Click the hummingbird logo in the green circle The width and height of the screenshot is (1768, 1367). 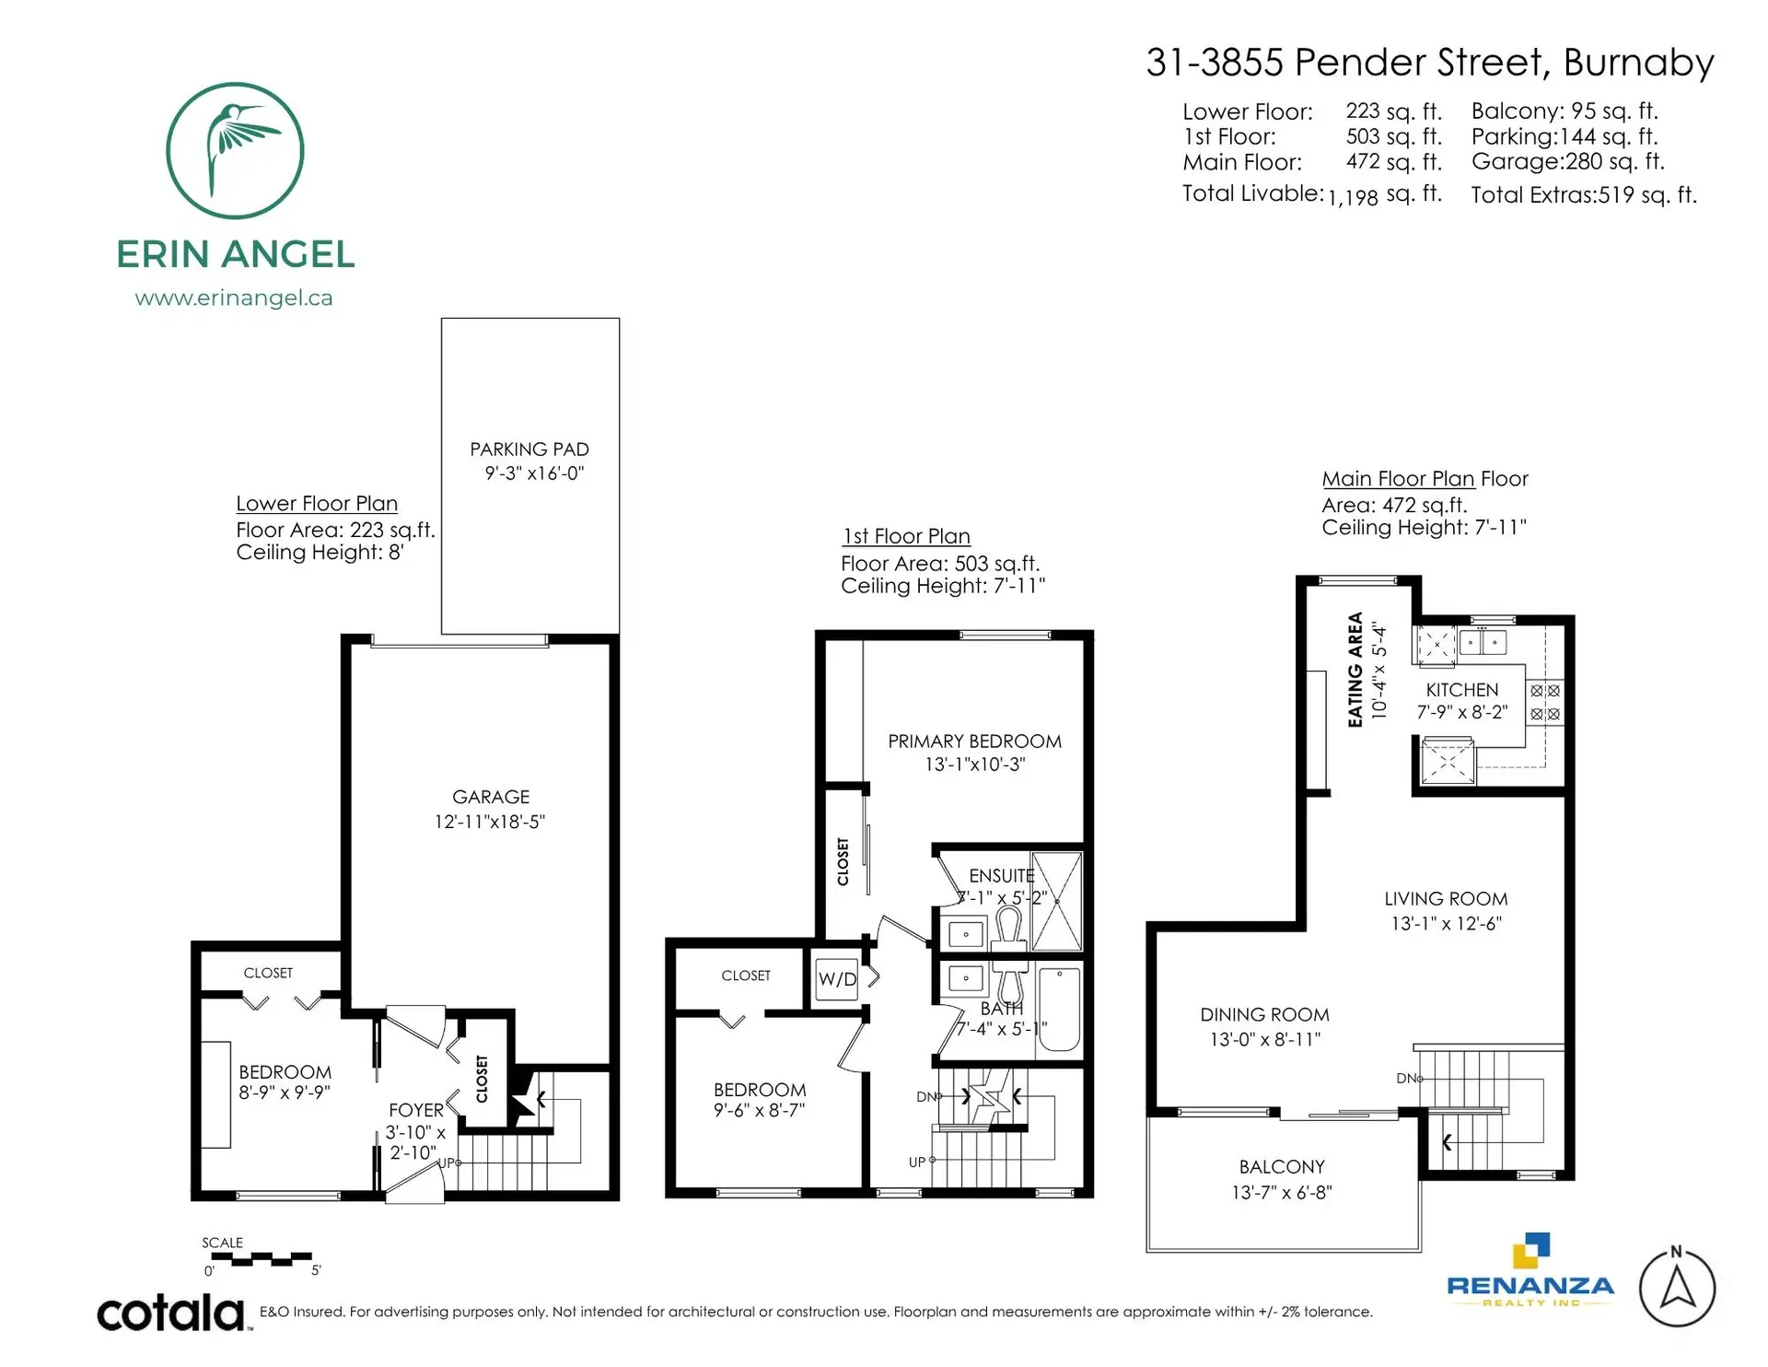(235, 150)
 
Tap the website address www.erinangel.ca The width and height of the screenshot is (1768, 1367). (233, 298)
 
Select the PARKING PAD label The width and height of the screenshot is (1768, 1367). (529, 450)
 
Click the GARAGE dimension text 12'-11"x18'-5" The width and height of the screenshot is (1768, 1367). (490, 822)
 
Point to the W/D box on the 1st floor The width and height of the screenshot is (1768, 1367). (837, 979)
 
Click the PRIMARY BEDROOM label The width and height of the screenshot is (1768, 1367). (974, 742)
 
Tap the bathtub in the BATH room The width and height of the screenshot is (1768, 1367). (1059, 1008)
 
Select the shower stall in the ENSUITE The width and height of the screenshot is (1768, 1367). (1056, 901)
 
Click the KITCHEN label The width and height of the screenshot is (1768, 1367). (1461, 690)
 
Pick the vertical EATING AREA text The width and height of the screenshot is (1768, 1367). (1355, 670)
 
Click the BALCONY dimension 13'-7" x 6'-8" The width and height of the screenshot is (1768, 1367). (1282, 1192)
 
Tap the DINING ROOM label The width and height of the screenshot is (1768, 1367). (1264, 1015)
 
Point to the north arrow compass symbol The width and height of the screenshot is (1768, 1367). (1677, 1288)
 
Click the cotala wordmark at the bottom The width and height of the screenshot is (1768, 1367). (171, 1313)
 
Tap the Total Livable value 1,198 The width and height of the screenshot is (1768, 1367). (1353, 197)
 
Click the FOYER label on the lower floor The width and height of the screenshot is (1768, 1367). (416, 1111)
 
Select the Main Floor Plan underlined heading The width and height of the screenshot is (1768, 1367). (1398, 479)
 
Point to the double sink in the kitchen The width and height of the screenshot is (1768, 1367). (1483, 641)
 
